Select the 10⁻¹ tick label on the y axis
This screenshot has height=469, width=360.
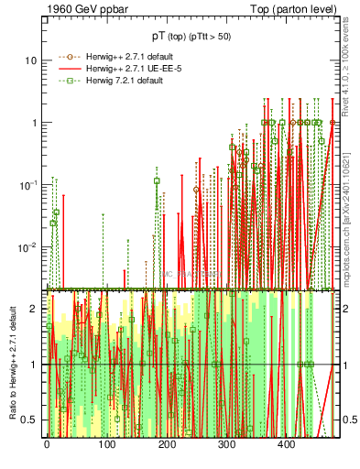pyautogui.click(x=27, y=184)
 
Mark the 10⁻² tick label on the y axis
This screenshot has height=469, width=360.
pyautogui.click(x=27, y=246)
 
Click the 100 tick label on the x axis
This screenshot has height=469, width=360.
pyautogui.click(x=106, y=445)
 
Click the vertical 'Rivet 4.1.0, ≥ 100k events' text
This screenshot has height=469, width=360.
pyautogui.click(x=351, y=73)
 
